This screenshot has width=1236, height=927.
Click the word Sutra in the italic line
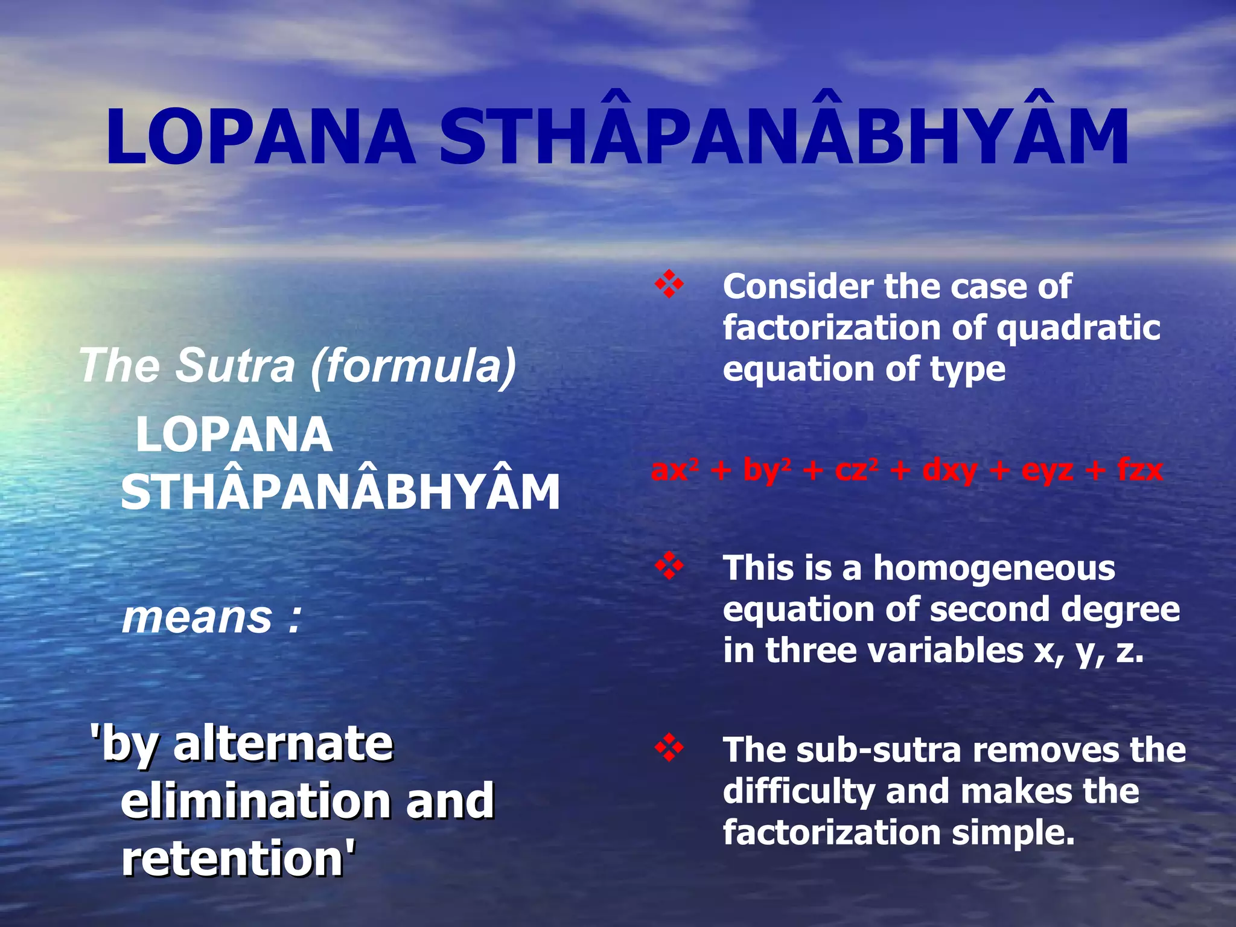pos(235,366)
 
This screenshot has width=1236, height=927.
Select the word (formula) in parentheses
pos(414,367)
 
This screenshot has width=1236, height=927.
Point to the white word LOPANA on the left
pos(234,435)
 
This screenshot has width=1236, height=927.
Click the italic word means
pos(197,618)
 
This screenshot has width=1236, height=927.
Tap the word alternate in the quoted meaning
pos(284,744)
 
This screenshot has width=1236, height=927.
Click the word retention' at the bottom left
pos(239,858)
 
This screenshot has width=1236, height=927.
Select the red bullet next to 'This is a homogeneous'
pos(669,567)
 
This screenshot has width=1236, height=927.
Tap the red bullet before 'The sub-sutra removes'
pos(669,749)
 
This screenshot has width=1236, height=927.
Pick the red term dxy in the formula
pos(949,470)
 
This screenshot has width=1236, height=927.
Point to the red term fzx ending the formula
pos(1139,470)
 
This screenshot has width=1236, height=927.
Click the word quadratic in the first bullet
pos(1078,329)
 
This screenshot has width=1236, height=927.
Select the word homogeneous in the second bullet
pos(994,569)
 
